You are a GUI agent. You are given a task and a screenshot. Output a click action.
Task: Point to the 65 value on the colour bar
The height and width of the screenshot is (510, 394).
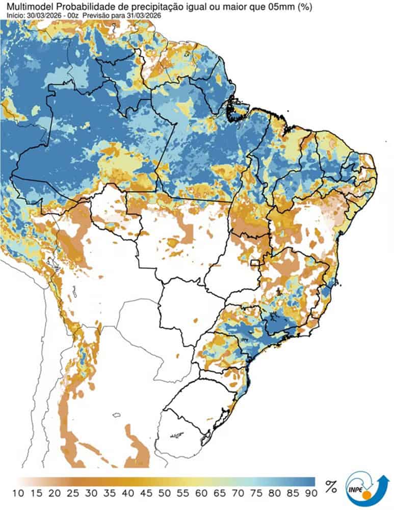(217, 494)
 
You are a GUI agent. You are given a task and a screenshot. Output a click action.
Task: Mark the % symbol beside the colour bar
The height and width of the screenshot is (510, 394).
(331, 488)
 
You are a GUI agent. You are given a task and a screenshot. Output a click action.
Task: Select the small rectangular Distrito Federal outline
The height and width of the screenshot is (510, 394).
(255, 263)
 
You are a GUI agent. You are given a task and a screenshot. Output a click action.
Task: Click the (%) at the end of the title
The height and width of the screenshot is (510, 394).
(304, 7)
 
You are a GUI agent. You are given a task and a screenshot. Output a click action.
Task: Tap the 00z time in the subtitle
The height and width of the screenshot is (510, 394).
(74, 16)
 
